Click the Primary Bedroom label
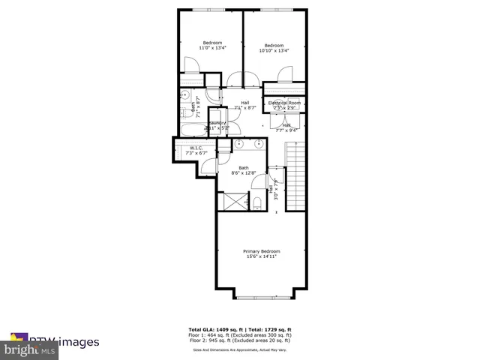pos(261,250)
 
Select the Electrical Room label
pos(284,102)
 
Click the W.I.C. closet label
pos(196,148)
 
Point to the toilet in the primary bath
pos(256,202)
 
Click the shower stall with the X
pos(231,202)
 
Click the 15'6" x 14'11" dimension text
pos(261,256)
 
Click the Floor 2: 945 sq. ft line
pos(240,340)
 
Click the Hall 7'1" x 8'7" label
pos(244,105)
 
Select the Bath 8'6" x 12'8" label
pos(244,170)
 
